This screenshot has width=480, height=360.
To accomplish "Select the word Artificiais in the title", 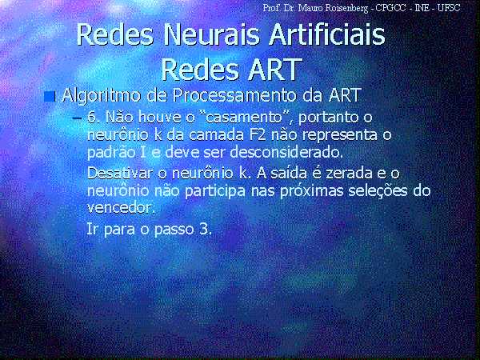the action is (x=327, y=35).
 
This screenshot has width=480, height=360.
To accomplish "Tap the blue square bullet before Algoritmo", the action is (x=50, y=97).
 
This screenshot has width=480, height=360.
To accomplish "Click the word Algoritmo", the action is (x=102, y=96).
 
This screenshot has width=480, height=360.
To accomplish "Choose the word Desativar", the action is (x=120, y=174).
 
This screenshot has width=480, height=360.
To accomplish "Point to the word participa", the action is (x=215, y=192).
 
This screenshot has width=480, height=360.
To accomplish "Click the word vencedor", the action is (x=121, y=208).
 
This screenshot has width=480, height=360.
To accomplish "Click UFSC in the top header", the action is (x=448, y=8).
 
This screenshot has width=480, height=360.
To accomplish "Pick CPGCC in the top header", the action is (x=391, y=8).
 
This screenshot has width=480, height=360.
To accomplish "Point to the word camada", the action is (x=217, y=134).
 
